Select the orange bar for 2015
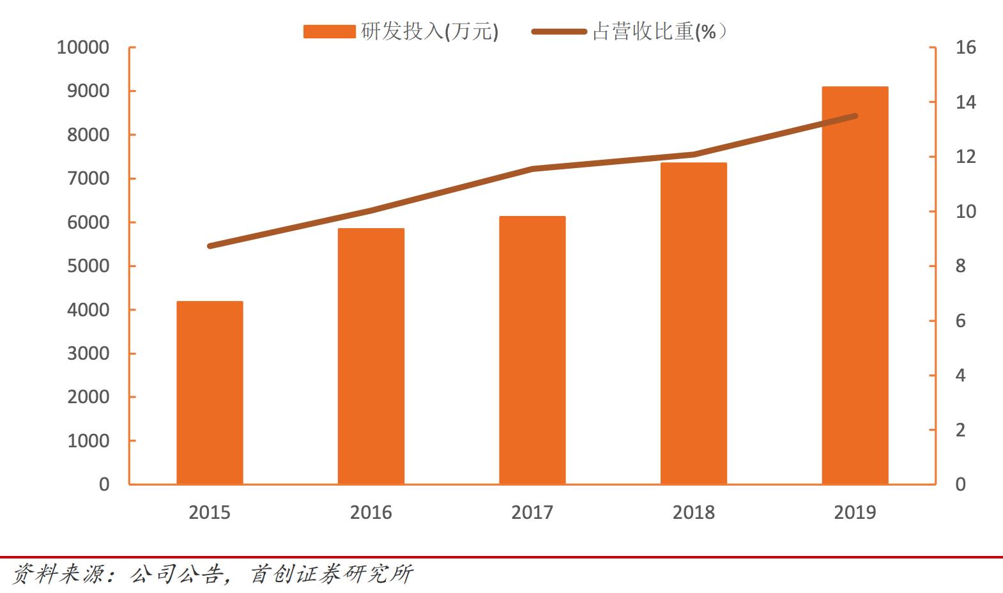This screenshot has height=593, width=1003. (x=210, y=392)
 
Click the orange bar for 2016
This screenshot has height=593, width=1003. (x=371, y=356)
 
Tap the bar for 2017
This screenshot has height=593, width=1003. (x=532, y=350)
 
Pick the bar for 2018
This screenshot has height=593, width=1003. (x=693, y=323)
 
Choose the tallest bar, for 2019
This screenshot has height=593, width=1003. (x=855, y=285)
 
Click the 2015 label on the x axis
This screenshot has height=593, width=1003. (x=210, y=512)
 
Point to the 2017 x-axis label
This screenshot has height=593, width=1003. (x=532, y=512)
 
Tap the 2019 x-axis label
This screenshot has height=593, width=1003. (x=855, y=512)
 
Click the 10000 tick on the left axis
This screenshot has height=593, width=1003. (x=83, y=47)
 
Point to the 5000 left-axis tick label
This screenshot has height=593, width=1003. (x=88, y=266)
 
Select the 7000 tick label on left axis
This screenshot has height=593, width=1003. (x=88, y=178)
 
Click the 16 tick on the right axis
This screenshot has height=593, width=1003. (x=965, y=47)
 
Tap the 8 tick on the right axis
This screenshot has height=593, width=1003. (x=960, y=266)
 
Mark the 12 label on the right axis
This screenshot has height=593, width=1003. (x=965, y=157)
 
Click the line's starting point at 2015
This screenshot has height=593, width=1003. (x=210, y=246)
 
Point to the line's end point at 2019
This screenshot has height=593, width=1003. (x=855, y=116)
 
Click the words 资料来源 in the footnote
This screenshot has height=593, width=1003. (x=57, y=574)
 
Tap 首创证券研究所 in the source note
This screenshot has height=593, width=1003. (x=331, y=574)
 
